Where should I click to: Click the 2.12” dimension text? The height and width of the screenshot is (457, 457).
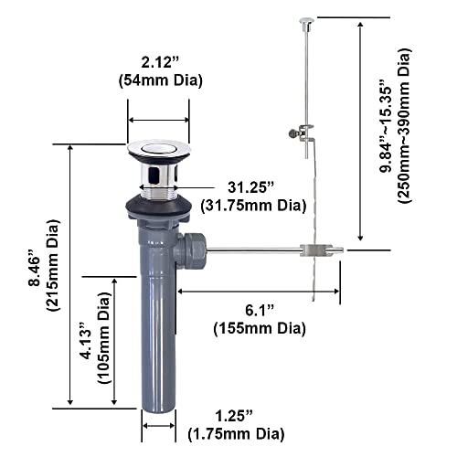point(158,64)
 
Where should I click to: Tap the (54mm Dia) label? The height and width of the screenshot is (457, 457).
point(158,81)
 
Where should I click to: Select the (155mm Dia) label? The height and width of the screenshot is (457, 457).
point(259,327)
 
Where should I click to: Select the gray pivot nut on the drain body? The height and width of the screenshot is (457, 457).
point(194,249)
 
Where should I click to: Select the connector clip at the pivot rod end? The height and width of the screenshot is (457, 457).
point(313,249)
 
